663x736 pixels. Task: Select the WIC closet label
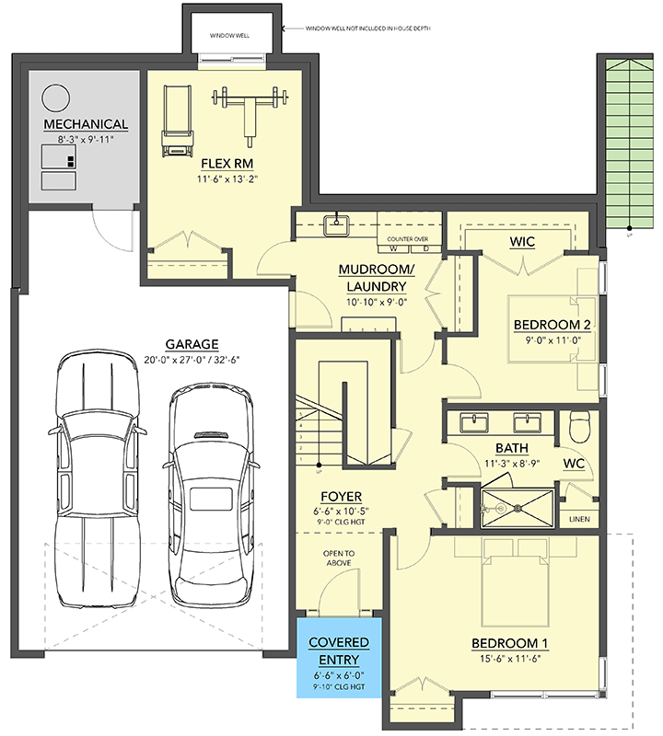522,242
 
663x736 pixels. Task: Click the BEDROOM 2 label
551,324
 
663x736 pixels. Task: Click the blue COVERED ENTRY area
338,661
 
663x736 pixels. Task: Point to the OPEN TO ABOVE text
338,559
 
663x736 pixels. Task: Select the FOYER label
340,498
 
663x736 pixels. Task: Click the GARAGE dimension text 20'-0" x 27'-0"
171,359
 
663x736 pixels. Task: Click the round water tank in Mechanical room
56,97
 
